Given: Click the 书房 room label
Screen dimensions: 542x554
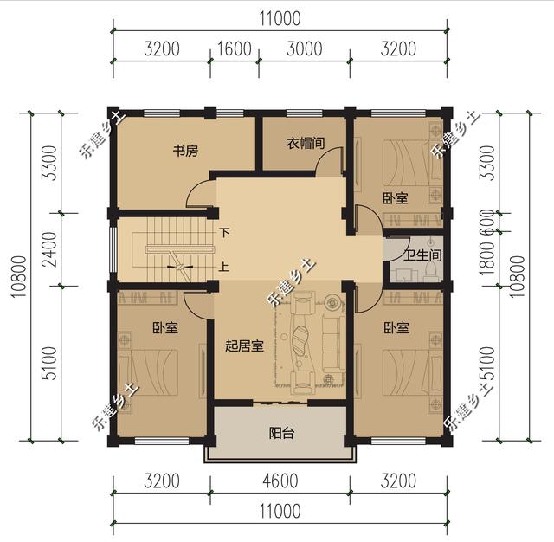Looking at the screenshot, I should point(185,152).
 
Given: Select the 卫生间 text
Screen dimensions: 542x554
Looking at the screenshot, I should point(423,256).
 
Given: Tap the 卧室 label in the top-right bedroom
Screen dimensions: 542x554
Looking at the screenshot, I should point(396,198).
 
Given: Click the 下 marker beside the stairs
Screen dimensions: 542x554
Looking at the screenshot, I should point(224,233).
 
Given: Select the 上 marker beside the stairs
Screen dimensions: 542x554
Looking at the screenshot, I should point(224,267).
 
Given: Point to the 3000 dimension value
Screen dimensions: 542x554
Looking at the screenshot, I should point(304,48).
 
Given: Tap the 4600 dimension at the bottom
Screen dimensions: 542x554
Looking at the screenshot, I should point(278,481).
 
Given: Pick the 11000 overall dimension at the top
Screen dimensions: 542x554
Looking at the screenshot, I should point(278,16).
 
